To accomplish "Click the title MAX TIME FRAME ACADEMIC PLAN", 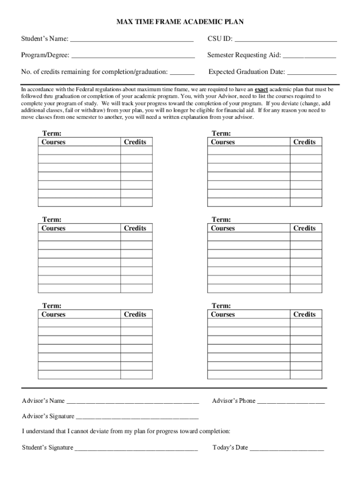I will [180, 22].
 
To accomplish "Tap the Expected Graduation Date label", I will [246, 72].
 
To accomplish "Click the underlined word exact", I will [261, 89].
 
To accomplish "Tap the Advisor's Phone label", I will [234, 400].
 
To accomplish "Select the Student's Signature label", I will [47, 447].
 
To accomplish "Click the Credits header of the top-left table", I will [135, 142].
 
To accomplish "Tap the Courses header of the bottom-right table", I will [223, 314].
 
